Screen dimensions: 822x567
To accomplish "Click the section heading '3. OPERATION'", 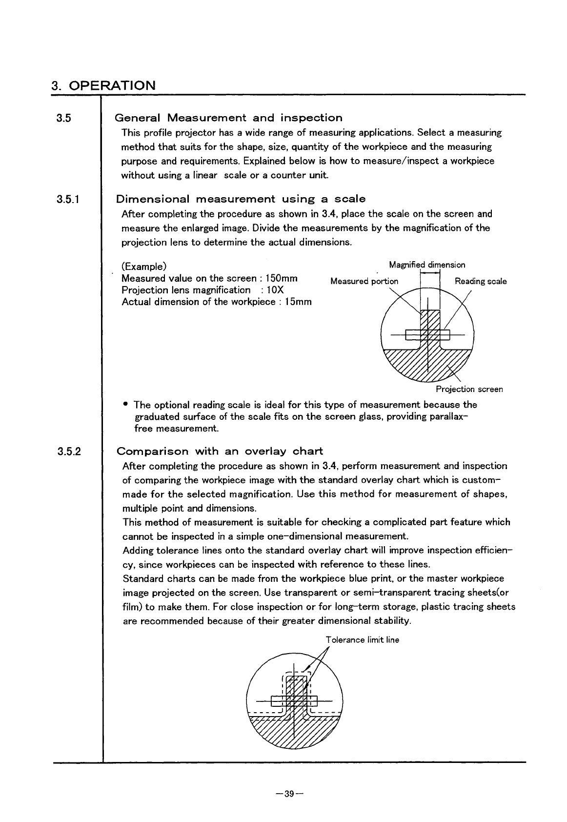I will (x=103, y=85).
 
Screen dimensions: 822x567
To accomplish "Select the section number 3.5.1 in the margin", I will (x=68, y=199).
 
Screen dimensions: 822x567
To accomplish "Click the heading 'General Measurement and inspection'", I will (x=228, y=118).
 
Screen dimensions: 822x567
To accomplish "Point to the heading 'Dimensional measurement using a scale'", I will (x=241, y=199).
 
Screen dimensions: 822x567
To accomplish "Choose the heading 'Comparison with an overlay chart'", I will (x=220, y=451).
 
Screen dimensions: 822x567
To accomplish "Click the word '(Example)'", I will (x=144, y=267).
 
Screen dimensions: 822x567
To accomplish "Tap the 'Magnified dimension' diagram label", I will (x=427, y=265).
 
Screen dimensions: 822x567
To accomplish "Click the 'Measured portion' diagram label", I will (x=364, y=281).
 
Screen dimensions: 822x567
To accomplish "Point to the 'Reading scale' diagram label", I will (x=481, y=281).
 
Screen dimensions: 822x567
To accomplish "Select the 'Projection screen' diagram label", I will (x=469, y=389).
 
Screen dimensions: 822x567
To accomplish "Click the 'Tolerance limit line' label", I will (x=362, y=640).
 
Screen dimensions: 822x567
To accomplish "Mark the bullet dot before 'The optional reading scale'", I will (x=126, y=404).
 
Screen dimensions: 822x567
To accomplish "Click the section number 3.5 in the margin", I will (x=63, y=118).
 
